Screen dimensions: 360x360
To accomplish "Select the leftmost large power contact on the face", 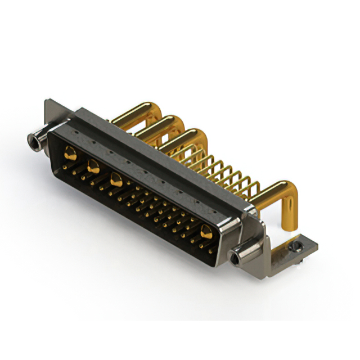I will (x=70, y=151).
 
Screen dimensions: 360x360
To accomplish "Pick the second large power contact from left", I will (x=93, y=165).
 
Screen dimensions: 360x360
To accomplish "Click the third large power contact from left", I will (x=116, y=181).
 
